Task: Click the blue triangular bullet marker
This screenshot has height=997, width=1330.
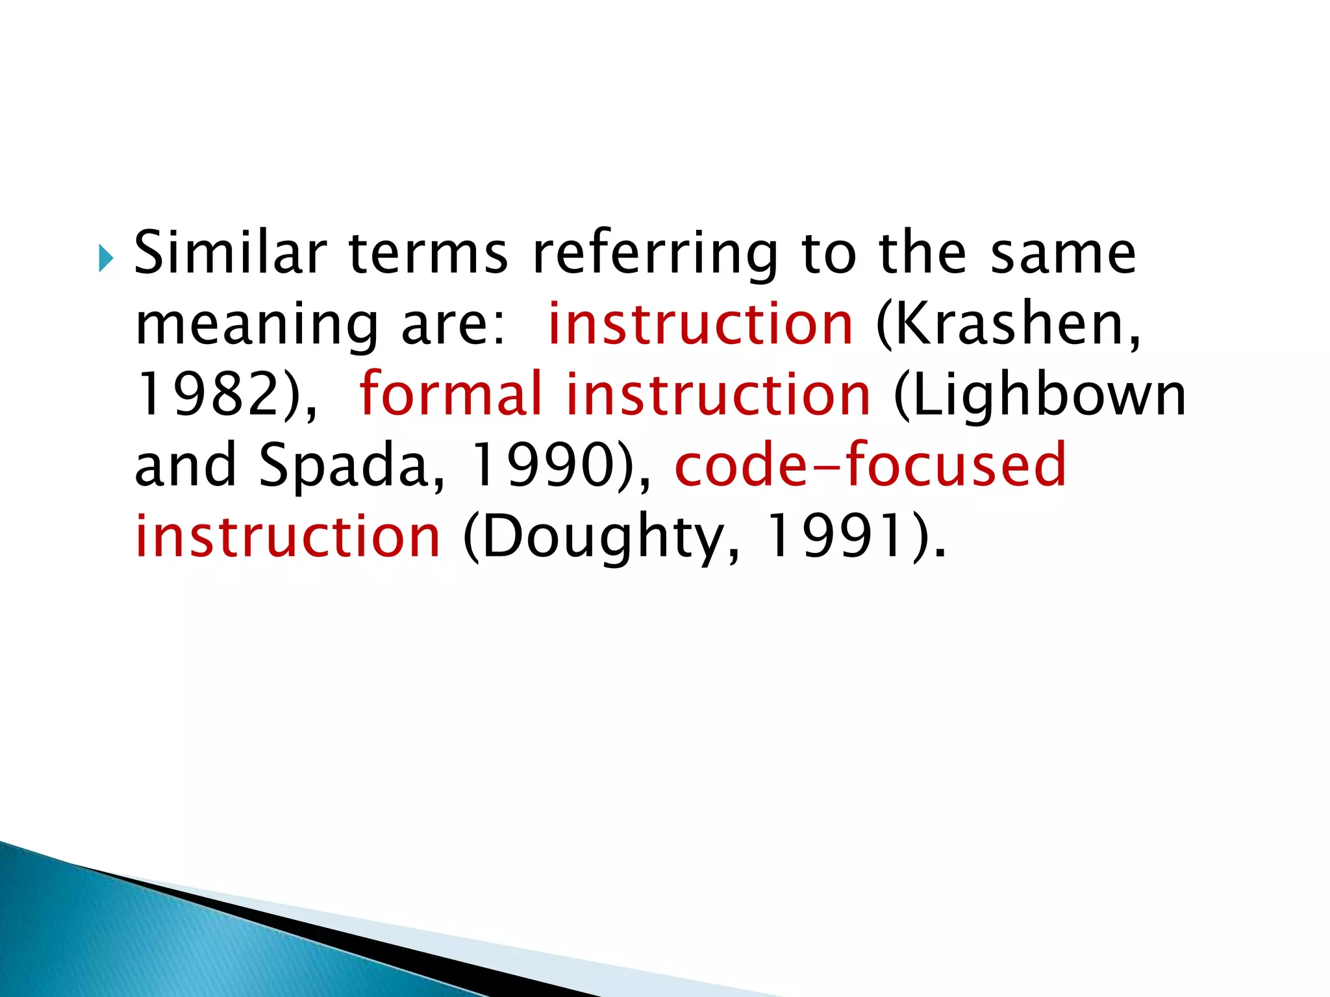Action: [x=106, y=260]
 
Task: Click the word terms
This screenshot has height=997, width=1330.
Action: [x=428, y=254]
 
